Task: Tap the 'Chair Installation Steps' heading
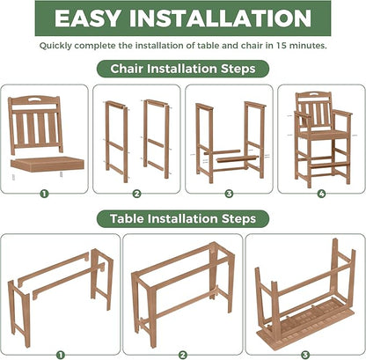pyautogui.click(x=183, y=68)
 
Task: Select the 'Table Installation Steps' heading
pyautogui.click(x=183, y=217)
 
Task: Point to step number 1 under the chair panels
pyautogui.click(x=43, y=193)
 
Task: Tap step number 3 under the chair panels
pyautogui.click(x=228, y=193)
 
